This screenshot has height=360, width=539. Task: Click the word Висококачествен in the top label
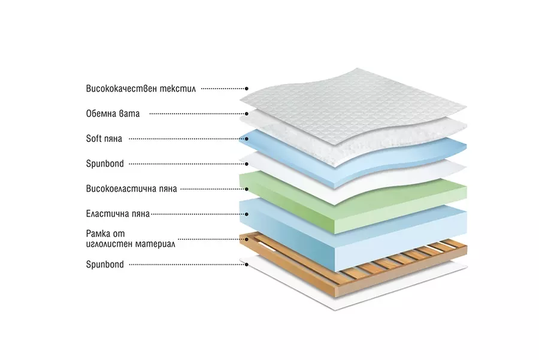[118, 88]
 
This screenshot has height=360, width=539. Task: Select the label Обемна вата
[113, 113]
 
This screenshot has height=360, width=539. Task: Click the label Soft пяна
[104, 138]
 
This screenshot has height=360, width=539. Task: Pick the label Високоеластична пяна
[131, 189]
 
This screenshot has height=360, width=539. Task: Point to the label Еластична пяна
[117, 213]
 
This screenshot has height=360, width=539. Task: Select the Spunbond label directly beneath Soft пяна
[105, 163]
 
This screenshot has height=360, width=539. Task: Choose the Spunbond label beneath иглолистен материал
[105, 264]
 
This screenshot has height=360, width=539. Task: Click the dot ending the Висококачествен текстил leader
[246, 88]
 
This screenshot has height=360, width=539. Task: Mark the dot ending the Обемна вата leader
[246, 113]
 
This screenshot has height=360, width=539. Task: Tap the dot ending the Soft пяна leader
[246, 138]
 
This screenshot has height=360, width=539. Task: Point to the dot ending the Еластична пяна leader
[246, 213]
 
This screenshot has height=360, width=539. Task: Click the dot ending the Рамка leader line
[246, 238]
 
